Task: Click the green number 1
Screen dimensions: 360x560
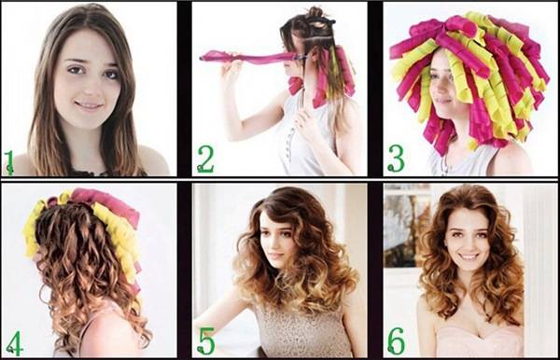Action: point(9,162)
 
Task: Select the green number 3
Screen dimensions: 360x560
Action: point(396,159)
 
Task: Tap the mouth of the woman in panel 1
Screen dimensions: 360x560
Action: point(89,105)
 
